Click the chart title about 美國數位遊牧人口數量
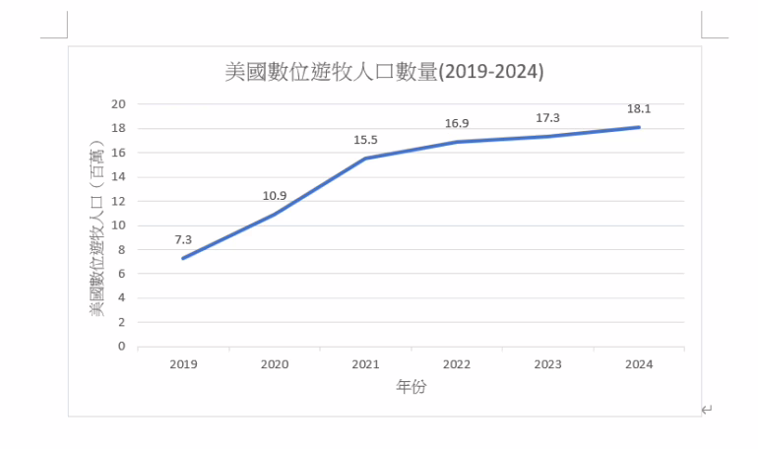384,73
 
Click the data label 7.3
183,239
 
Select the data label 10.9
275,196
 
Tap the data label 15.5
365,140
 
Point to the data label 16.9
457,123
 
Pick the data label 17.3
547,118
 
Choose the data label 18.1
639,108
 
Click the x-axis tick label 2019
183,364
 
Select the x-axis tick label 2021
365,364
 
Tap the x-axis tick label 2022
457,364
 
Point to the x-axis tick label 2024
639,364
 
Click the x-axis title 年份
411,387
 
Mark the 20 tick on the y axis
119,103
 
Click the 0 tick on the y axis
123,347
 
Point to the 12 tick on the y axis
119,201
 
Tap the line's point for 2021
365,159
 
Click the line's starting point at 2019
183,258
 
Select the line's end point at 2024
639,127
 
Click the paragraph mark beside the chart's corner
707,410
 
